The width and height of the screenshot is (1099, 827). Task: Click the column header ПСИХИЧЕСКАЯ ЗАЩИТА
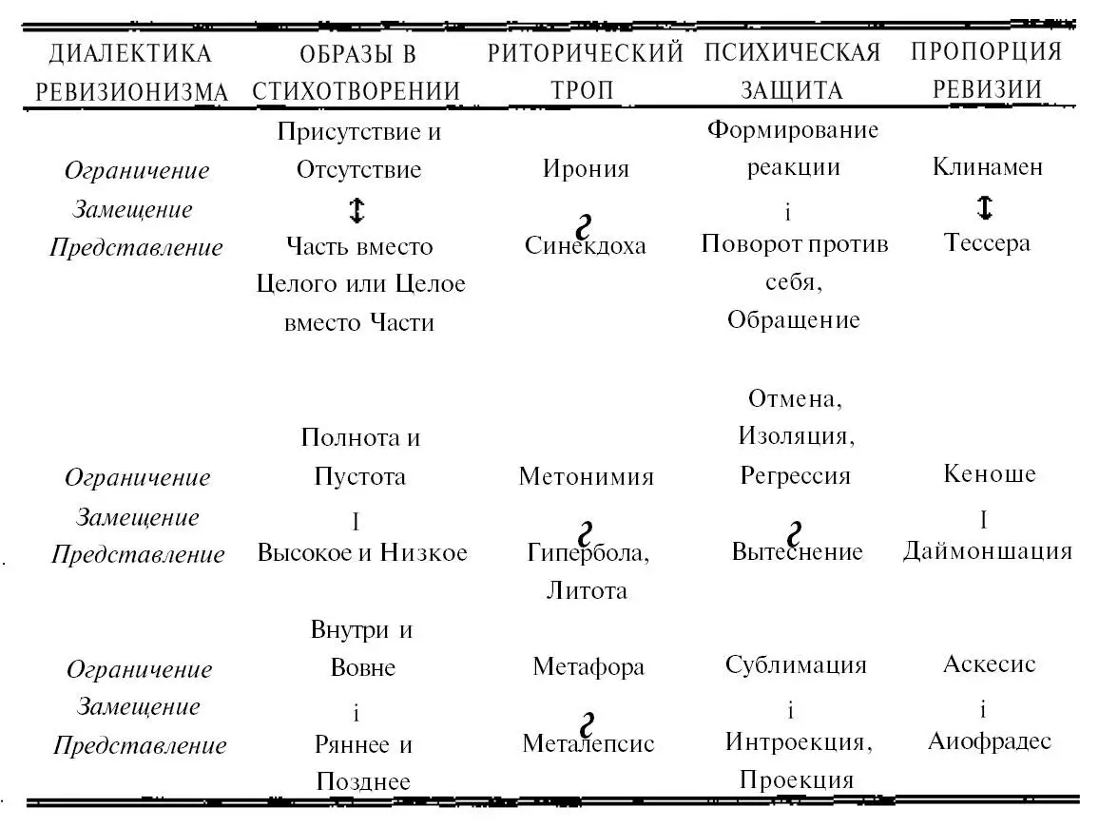point(793,70)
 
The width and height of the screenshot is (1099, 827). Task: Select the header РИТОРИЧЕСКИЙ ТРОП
point(586,70)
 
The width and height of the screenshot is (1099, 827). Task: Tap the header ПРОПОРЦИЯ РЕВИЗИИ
point(986,69)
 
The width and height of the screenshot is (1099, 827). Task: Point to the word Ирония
point(586,169)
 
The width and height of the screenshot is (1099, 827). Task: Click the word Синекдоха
point(586,245)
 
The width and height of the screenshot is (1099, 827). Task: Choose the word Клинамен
point(987,167)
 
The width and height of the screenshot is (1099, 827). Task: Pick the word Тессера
point(987,242)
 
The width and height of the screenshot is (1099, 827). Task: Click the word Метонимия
point(586,476)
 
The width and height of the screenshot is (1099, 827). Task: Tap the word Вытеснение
point(797,551)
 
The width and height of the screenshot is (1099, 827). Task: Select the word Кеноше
point(989,473)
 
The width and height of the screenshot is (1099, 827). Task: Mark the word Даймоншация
point(988,550)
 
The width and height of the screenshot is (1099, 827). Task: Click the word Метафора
point(588,666)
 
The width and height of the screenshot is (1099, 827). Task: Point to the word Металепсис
point(588,742)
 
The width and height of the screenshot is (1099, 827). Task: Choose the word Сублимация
point(796,664)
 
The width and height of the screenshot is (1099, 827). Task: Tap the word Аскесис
point(989,664)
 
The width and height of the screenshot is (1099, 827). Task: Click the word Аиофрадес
point(989,740)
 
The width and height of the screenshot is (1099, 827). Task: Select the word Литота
point(586,590)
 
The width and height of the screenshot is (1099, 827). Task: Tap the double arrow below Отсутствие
point(357,208)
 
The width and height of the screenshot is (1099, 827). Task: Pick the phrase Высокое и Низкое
point(362,552)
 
